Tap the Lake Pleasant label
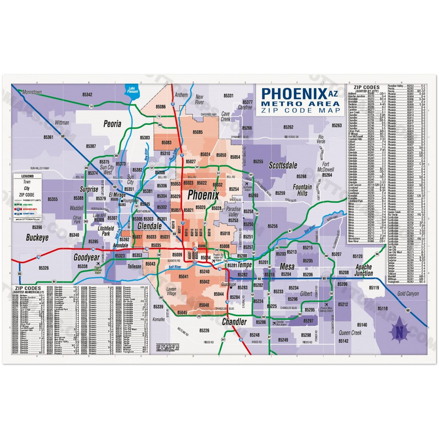[x=132, y=90]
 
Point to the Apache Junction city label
[x=364, y=270]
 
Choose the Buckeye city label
[x=37, y=238]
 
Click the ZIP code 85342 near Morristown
[x=87, y=94]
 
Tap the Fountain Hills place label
[x=302, y=190]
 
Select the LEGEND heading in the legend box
[x=27, y=176]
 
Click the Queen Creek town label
[x=350, y=333]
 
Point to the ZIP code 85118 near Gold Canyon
[x=383, y=309]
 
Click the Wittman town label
[x=62, y=123]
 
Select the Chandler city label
[x=234, y=322]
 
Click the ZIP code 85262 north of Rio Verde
[x=288, y=127]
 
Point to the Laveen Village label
[x=172, y=291]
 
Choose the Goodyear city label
[x=87, y=257]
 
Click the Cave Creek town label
[x=226, y=117]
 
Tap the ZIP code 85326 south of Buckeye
[x=44, y=268]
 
